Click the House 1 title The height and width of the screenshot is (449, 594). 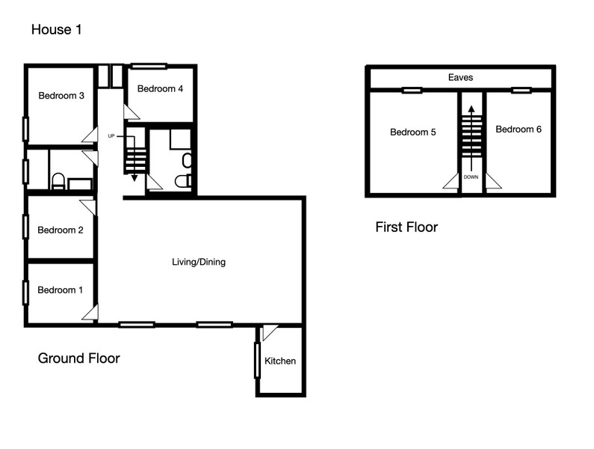57,30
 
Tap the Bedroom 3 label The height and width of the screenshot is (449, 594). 61,96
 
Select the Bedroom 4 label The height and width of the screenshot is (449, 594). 160,89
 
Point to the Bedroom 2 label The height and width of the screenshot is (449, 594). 61,230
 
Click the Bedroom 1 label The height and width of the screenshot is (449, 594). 61,290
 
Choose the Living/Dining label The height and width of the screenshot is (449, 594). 199,262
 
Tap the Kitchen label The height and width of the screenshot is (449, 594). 280,361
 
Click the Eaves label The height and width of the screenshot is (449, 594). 461,77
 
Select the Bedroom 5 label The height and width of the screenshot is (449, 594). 413,132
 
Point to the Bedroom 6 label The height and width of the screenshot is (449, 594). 519,129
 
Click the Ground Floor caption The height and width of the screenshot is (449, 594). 78,358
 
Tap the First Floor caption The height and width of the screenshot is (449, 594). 406,227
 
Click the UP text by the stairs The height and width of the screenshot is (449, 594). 111,136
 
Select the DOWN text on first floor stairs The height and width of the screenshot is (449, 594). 471,177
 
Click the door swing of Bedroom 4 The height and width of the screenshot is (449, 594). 131,113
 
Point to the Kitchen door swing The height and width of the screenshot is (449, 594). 269,332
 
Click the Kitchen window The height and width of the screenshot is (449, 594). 257,360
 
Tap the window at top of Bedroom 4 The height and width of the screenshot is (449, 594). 149,67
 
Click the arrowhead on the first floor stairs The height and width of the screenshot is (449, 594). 471,109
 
